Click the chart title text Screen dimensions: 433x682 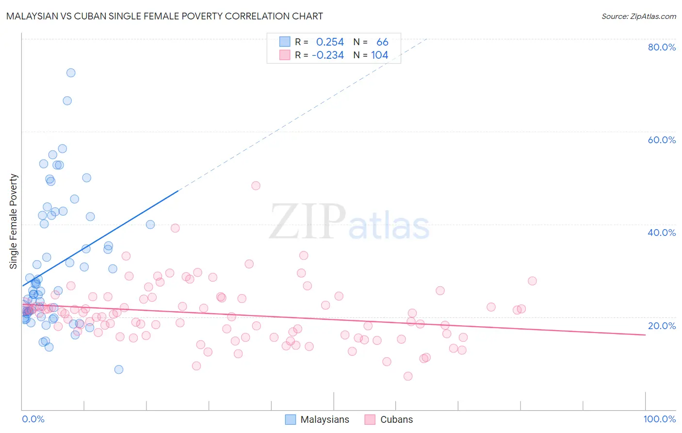click(x=164, y=16)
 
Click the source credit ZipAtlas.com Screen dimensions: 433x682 click(x=638, y=16)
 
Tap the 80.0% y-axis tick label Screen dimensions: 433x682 click(x=662, y=47)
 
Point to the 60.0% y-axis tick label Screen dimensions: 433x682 click(x=662, y=140)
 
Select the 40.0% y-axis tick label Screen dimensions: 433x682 click(x=662, y=233)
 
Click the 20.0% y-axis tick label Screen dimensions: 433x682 click(x=662, y=326)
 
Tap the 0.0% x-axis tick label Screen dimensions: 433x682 click(x=33, y=419)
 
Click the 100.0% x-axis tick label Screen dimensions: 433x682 click(x=659, y=419)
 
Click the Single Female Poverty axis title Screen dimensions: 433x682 click(x=14, y=221)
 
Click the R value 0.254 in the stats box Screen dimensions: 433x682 click(x=330, y=42)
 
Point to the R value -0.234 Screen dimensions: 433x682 click(x=328, y=55)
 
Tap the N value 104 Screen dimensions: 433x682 click(x=380, y=55)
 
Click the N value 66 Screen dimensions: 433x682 click(x=382, y=42)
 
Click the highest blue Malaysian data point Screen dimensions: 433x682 click(x=71, y=73)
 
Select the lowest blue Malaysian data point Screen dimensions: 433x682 click(x=119, y=369)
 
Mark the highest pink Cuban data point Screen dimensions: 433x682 click(x=256, y=185)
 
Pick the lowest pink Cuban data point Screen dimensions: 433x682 click(x=408, y=376)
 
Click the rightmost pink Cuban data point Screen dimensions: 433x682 click(x=532, y=281)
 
